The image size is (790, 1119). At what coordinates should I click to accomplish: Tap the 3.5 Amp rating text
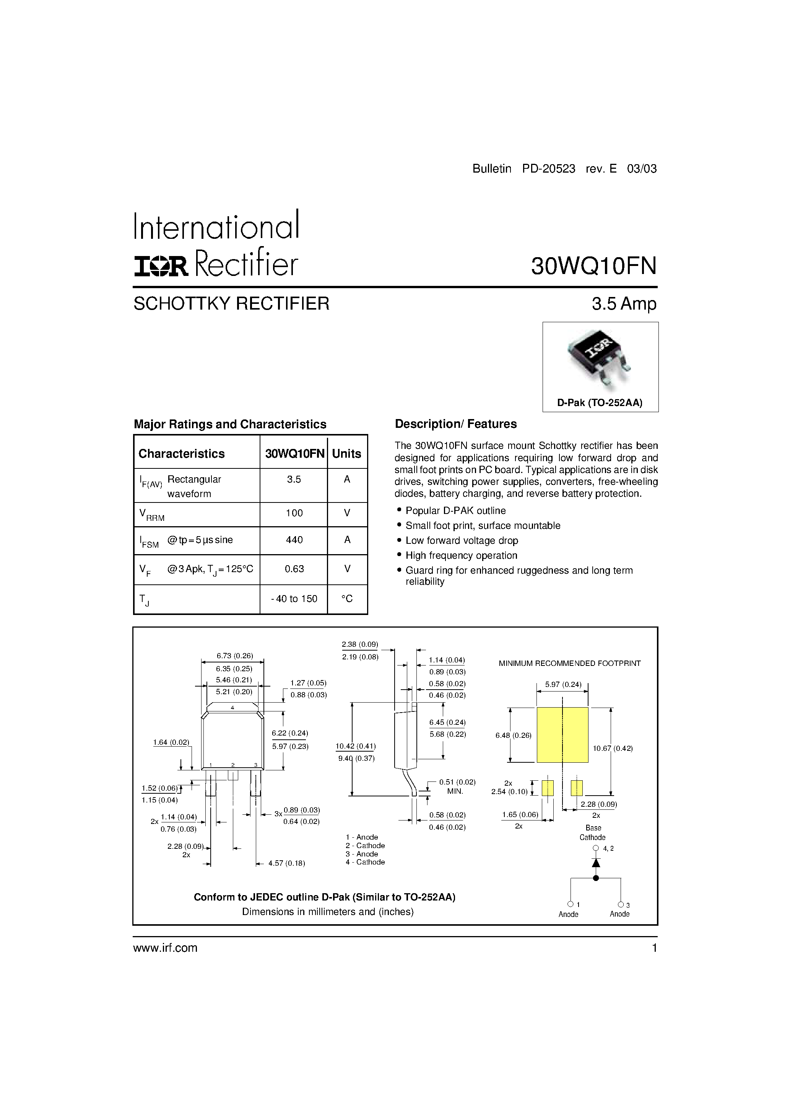pos(624,303)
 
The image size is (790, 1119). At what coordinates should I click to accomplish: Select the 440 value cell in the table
pos(294,540)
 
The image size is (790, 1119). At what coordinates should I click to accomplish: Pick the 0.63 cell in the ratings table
pos(294,569)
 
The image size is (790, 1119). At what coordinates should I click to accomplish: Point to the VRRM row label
pos(151,515)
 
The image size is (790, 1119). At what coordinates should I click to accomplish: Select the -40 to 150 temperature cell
pos(294,599)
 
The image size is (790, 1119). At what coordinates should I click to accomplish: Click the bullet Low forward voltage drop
pos(461,540)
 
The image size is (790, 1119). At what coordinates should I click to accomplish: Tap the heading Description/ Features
pos(455,424)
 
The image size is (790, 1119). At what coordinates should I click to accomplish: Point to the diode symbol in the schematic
pos(595,862)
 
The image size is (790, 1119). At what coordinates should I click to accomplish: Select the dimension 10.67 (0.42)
pos(612,748)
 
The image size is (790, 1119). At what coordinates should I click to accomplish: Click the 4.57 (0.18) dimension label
pos(286,863)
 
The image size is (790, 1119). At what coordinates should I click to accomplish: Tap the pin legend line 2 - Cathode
pos(365,846)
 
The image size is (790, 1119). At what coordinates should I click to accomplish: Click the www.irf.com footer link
pos(165,948)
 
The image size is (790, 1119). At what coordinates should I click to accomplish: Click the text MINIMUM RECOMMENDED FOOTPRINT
pos(569,663)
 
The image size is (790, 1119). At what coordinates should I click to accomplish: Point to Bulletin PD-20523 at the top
pos(523,169)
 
